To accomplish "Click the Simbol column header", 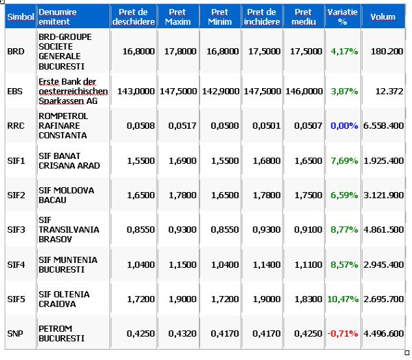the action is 21,17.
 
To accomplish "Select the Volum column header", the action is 383,17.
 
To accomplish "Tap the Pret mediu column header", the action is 303,17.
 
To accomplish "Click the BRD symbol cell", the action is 16,51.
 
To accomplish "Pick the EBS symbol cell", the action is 15,92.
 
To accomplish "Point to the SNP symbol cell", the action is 15,333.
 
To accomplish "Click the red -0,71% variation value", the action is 343,333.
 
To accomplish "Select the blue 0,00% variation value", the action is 344,126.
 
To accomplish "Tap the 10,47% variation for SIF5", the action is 343,299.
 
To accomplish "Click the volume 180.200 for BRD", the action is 387,51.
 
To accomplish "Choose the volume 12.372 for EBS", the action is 389,92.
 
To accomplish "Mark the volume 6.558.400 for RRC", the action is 384,126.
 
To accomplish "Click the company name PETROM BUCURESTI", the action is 61,333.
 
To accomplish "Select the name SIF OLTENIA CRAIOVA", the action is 64,299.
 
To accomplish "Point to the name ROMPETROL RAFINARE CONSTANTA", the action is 63,126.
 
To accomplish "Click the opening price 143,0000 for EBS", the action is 136,92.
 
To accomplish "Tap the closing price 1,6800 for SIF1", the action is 267,160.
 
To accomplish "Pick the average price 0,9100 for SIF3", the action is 308,230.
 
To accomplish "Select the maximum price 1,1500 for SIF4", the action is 183,264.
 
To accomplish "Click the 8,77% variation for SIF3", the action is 344,230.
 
